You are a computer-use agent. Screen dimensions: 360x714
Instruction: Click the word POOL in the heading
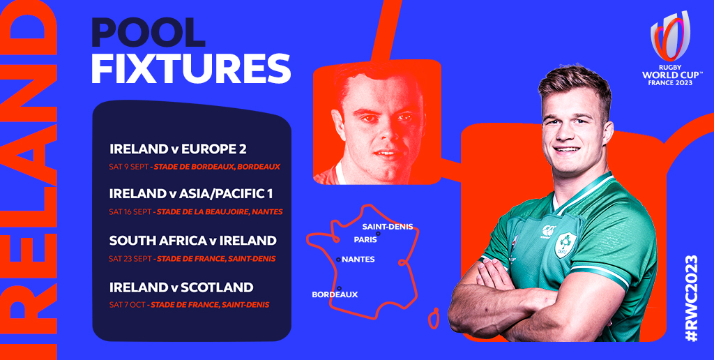click(148, 33)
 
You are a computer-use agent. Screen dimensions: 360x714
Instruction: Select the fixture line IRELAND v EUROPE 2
click(178, 149)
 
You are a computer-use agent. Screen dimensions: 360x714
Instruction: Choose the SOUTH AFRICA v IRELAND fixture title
click(193, 241)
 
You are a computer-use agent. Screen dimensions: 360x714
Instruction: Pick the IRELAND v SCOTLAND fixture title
click(181, 287)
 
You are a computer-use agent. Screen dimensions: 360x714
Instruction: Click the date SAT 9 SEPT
click(128, 167)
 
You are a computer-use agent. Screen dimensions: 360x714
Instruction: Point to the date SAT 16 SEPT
click(130, 211)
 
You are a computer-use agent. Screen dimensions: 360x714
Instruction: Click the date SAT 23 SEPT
click(130, 259)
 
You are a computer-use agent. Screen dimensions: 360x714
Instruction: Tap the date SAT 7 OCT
click(126, 305)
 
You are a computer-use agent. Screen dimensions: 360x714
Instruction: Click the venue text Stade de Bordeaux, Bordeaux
click(217, 167)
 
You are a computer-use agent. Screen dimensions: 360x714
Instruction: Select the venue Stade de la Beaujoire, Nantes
click(220, 211)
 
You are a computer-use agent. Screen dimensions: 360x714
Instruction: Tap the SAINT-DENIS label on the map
click(388, 227)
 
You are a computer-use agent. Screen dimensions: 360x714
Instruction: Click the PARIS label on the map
click(365, 239)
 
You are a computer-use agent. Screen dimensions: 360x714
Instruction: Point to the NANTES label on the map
click(358, 260)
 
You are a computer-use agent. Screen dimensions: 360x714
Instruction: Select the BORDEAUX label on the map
click(335, 294)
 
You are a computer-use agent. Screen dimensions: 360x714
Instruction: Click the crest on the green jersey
click(563, 246)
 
